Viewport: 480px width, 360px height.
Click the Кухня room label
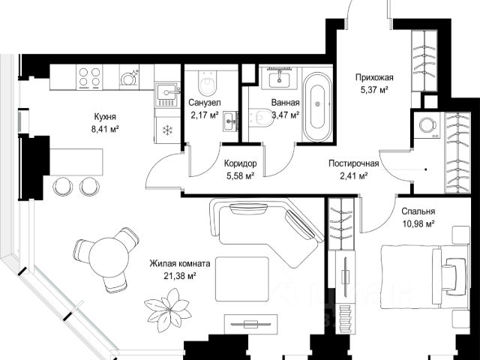(105, 117)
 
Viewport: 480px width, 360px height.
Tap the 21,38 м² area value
(180, 276)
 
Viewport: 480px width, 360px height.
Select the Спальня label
(418, 211)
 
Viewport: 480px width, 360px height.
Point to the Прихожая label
(374, 77)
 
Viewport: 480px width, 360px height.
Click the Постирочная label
(353, 163)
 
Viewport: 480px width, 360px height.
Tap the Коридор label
(240, 163)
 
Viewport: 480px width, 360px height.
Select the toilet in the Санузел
(207, 82)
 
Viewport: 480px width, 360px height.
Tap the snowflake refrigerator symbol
(167, 130)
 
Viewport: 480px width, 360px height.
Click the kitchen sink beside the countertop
(166, 91)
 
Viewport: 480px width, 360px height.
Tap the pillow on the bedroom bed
(451, 274)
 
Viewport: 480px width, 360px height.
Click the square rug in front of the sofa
(242, 279)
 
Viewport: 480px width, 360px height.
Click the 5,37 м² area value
(374, 90)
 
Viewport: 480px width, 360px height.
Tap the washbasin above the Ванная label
(279, 78)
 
